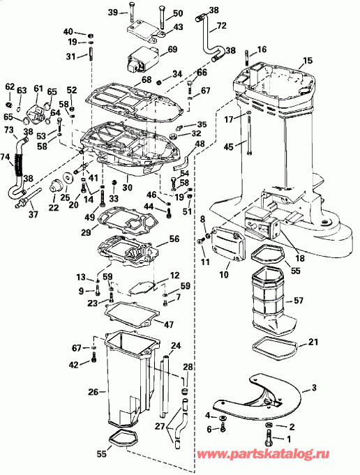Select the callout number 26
click(93, 392)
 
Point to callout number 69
click(172, 50)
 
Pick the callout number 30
click(126, 187)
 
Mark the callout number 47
click(169, 324)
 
